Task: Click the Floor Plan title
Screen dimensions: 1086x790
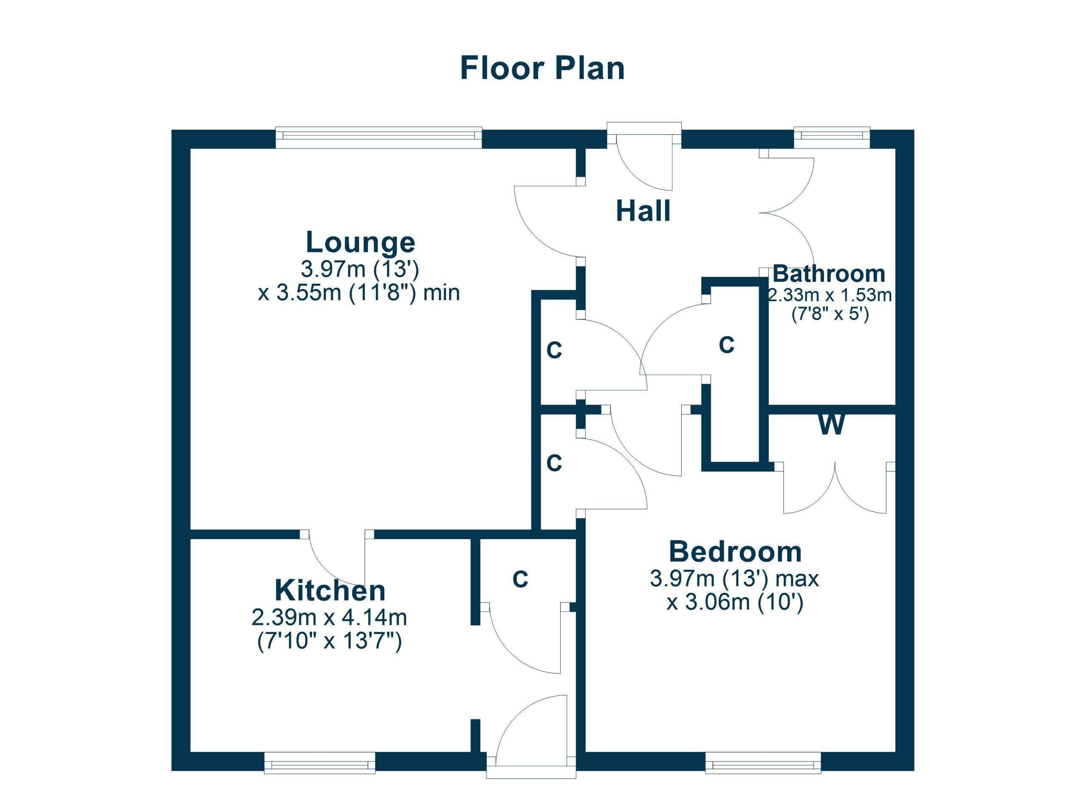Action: (x=542, y=68)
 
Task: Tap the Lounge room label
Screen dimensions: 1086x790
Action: (x=360, y=242)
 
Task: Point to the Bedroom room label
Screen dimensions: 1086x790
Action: (x=735, y=552)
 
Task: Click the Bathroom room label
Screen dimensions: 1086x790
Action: (x=829, y=274)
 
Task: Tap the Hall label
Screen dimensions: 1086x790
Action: (x=643, y=211)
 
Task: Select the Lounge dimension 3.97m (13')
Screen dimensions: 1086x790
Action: (x=360, y=269)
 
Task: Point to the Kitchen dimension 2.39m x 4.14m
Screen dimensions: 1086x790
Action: (x=330, y=618)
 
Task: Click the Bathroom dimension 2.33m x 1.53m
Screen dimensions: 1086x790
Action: (x=830, y=295)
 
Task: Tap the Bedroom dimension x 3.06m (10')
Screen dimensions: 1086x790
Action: (x=735, y=602)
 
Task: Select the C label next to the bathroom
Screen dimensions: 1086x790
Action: (x=726, y=345)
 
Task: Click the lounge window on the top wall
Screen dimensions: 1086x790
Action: (x=379, y=137)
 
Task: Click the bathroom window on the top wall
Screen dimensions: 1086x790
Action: (x=832, y=137)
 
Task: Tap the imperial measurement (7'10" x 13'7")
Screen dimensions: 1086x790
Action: (x=330, y=641)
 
